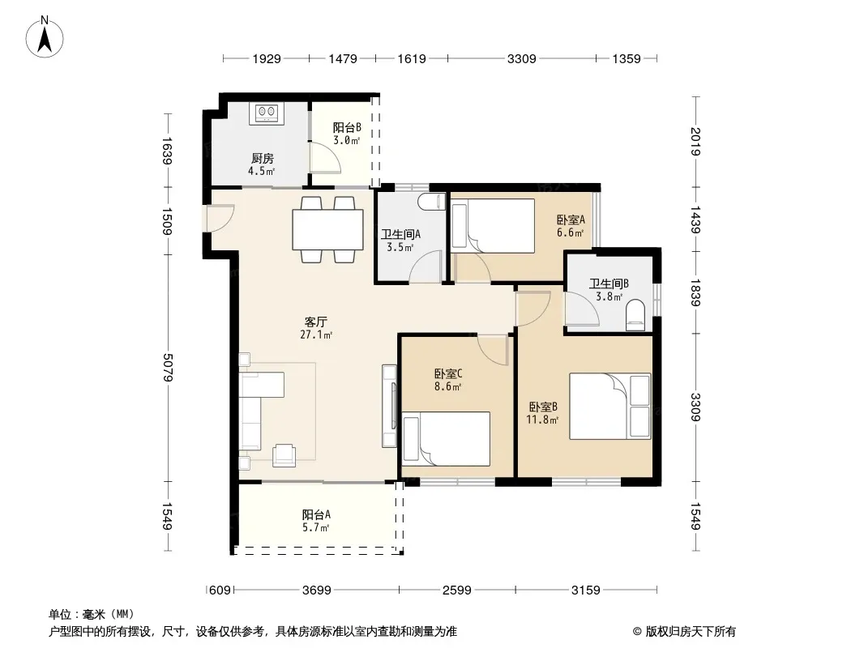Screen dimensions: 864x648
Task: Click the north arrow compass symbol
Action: [x=45, y=37]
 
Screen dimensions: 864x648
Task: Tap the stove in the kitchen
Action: [x=267, y=113]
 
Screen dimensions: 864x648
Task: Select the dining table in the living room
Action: [x=327, y=229]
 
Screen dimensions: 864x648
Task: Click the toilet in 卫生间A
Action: [x=431, y=202]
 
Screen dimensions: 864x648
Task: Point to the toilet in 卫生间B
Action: [x=635, y=315]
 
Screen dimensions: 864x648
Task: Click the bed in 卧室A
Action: [x=493, y=226]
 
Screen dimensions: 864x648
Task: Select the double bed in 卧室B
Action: [x=610, y=407]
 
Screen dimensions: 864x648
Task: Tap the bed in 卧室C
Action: [x=446, y=439]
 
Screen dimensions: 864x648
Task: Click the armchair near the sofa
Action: [x=284, y=454]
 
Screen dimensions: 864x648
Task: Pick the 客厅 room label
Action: [x=316, y=322]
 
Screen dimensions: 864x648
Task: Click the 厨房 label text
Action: [x=263, y=159]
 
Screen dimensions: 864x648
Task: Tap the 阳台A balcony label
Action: [x=316, y=515]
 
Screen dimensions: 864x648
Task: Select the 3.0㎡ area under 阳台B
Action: [x=346, y=140]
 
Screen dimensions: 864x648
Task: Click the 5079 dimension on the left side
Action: [x=168, y=367]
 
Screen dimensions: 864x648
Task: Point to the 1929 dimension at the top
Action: [x=267, y=59]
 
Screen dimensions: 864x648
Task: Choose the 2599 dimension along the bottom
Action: [x=457, y=590]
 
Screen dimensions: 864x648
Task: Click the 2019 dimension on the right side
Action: [x=695, y=142]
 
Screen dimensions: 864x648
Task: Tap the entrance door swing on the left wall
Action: [x=220, y=218]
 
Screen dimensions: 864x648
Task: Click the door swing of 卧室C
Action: [x=493, y=349]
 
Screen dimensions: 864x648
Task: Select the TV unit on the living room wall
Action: [x=390, y=406]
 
